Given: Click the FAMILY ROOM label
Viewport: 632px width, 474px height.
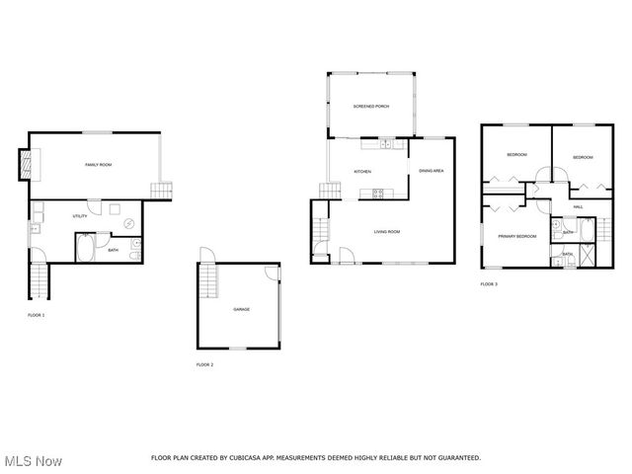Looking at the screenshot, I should [x=98, y=165].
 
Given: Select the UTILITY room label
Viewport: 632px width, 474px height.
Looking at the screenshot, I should [x=79, y=215].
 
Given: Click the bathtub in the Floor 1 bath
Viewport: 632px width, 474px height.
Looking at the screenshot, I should [x=86, y=246].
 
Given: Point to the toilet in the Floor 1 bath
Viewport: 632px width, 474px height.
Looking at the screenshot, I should [x=135, y=247].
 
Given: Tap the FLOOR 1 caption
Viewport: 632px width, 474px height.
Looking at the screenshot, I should [x=36, y=315].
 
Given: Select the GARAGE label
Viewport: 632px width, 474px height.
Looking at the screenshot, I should [x=241, y=309].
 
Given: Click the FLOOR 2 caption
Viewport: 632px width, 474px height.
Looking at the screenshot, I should [x=204, y=364].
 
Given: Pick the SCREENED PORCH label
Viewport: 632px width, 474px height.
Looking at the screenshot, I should [x=370, y=106].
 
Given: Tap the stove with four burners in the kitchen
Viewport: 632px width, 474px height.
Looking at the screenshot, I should [x=378, y=193].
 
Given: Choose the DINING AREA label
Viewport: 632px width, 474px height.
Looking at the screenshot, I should [x=431, y=171].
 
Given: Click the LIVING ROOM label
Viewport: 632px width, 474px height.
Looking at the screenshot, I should [x=386, y=232].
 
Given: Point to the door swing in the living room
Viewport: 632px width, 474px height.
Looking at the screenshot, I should [x=346, y=256].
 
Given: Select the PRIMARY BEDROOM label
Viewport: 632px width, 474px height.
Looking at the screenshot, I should [x=516, y=236].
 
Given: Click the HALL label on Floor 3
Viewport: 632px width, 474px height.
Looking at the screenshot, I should [x=577, y=206].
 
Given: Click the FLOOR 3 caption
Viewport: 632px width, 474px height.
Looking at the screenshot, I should [x=489, y=284].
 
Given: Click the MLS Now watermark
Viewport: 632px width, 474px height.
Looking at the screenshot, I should [x=33, y=461].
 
